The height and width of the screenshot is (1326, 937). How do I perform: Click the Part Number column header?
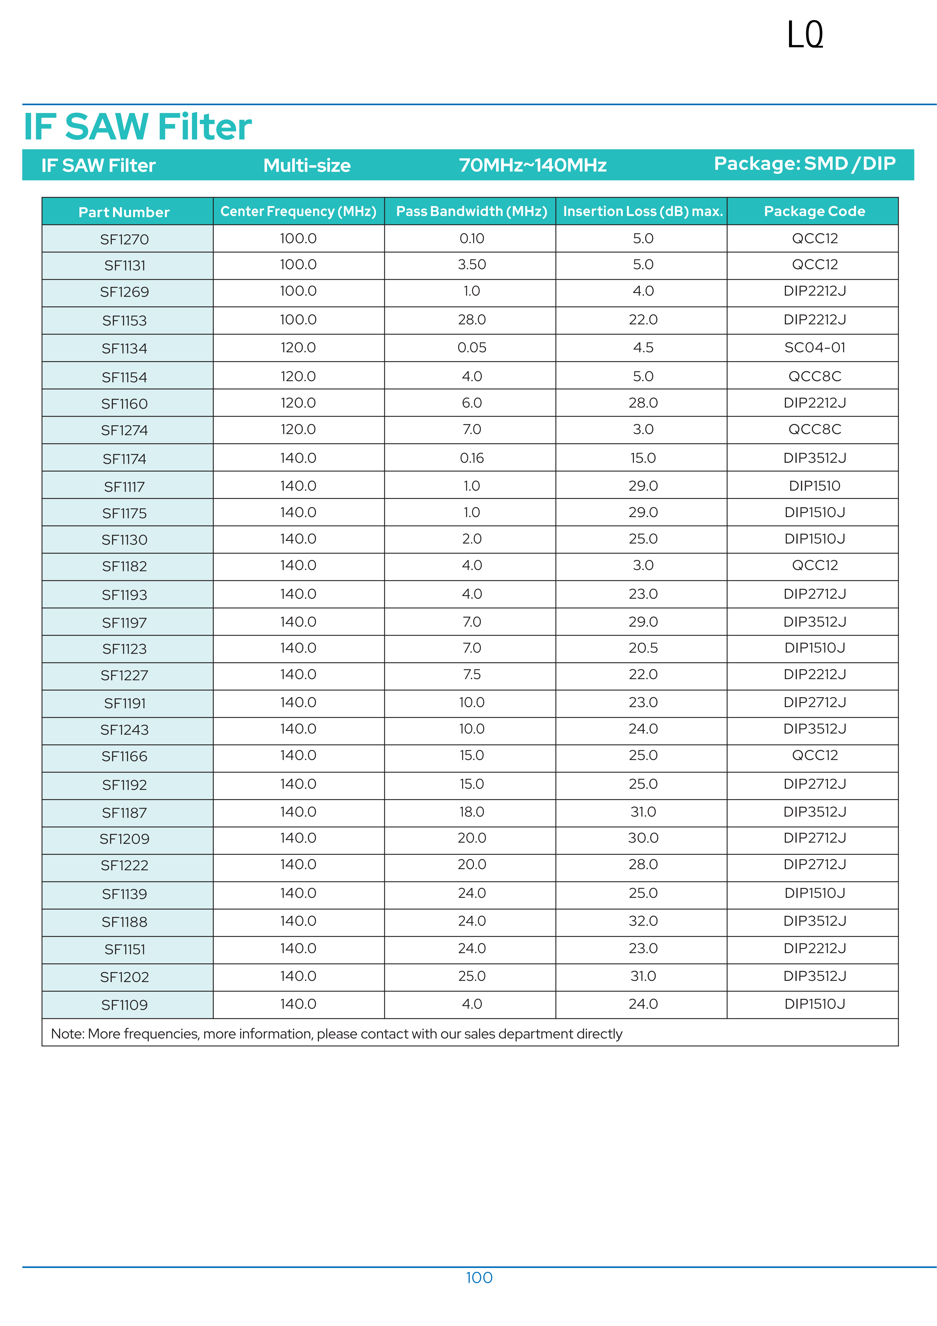[124, 212]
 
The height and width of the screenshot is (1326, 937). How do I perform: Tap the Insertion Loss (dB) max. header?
[643, 211]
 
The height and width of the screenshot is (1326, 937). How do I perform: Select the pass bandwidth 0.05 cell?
[472, 348]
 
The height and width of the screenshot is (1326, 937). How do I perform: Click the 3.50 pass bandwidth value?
[472, 265]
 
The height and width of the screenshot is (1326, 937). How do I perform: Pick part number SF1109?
[124, 1005]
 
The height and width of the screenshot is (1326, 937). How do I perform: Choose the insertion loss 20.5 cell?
[643, 648]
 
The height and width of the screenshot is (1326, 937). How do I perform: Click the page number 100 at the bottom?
[479, 1277]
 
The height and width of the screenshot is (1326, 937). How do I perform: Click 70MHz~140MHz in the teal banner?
[532, 165]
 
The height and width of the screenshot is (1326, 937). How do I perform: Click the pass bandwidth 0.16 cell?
[472, 458]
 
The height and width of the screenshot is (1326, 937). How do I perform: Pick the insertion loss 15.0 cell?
[643, 458]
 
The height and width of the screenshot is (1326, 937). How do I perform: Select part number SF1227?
[124, 675]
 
